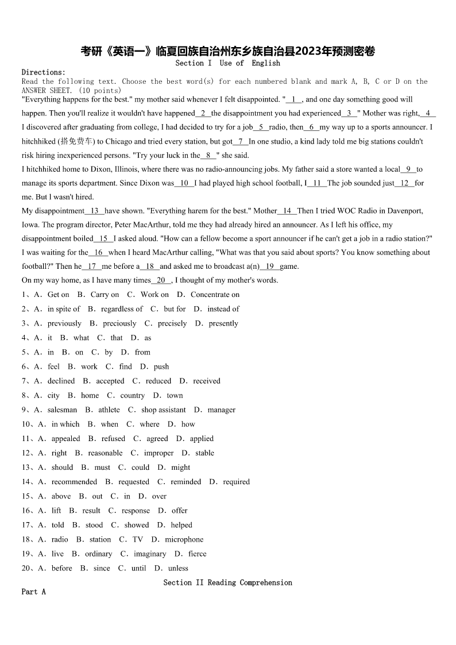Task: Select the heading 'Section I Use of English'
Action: click(x=227, y=63)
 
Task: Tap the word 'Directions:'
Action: click(x=44, y=72)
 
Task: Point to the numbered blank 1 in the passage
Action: click(x=293, y=99)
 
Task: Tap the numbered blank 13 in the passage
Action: click(x=94, y=211)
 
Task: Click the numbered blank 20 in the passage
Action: click(x=161, y=280)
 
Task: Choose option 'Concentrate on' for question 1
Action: click(x=215, y=295)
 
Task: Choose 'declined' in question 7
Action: click(x=61, y=381)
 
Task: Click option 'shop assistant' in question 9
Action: click(x=163, y=410)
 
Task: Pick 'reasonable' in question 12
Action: click(x=105, y=453)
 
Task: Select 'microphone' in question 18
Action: click(x=184, y=539)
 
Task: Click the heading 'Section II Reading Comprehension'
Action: click(x=227, y=582)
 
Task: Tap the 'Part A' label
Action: click(x=33, y=592)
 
